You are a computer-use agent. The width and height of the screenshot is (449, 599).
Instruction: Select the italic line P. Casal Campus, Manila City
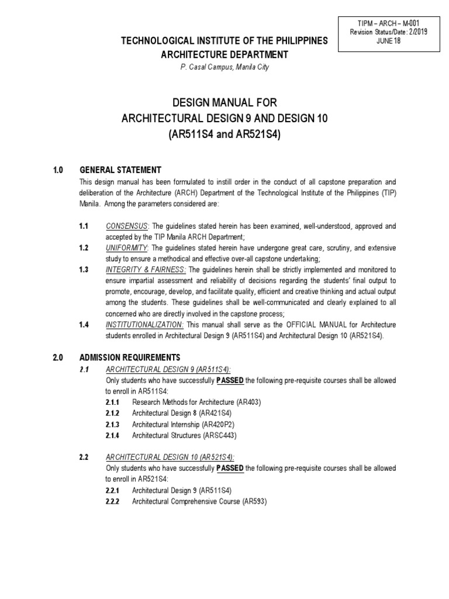pos(224,67)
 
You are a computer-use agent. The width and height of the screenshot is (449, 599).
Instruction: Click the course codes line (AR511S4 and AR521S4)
pos(224,133)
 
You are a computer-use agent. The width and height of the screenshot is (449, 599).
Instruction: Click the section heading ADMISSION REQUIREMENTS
pos(130,357)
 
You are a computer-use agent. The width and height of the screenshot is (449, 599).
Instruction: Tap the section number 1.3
pos(84,270)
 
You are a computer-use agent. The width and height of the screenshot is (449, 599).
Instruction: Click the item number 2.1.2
pos(113,414)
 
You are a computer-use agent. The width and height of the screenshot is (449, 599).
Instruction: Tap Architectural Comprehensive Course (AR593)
pos(199,502)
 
